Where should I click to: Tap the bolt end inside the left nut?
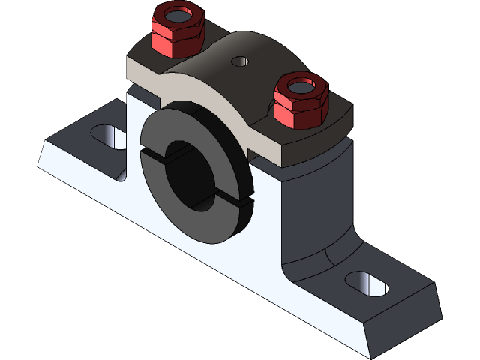178,15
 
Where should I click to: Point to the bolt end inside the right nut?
301,84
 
